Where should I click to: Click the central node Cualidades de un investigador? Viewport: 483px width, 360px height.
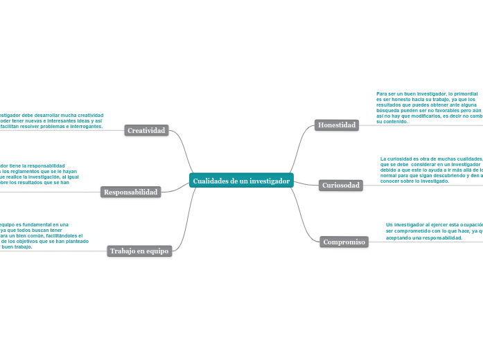pos(241,181)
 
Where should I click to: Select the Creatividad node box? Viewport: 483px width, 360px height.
pos(147,130)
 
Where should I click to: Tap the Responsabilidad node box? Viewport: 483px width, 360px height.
pos(131,192)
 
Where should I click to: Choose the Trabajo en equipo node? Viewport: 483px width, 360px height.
pos(139,251)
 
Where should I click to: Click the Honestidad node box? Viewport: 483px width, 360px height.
pos(337,125)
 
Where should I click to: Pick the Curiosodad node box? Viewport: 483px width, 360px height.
pos(341,186)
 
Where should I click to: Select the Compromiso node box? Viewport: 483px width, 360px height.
pos(344,242)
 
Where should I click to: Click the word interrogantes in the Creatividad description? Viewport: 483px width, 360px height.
pos(83,127)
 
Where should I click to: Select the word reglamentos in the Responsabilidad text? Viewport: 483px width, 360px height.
pos(28,172)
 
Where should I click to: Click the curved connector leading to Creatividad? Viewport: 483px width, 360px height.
pos(182,149)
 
